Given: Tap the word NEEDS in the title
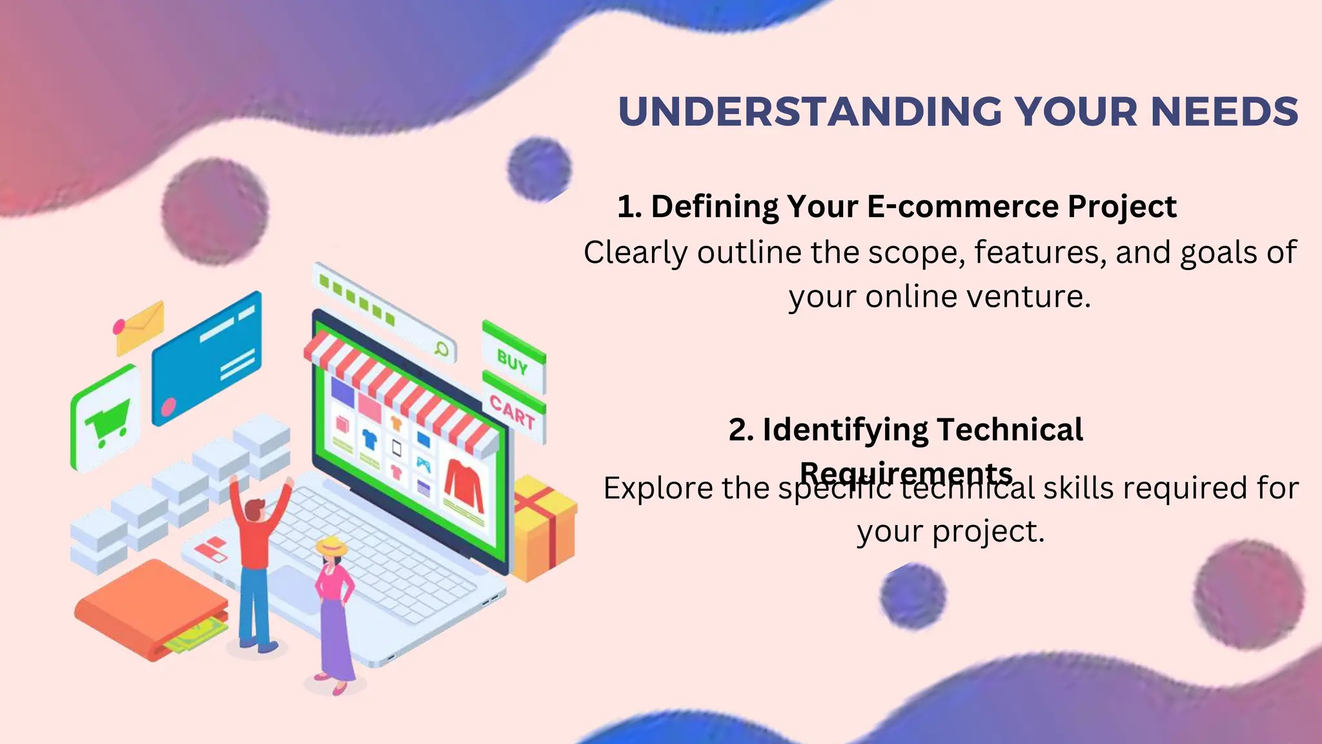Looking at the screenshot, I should [1225, 112].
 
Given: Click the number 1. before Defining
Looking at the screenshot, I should [629, 207].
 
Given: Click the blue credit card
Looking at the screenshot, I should [207, 358].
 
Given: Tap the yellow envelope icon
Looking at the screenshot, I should [141, 328].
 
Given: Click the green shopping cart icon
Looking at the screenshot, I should [107, 420].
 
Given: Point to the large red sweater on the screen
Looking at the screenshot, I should [463, 484].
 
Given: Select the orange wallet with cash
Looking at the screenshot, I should [152, 610].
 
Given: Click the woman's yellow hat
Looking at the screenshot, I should [331, 546].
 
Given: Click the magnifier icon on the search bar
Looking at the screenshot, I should [442, 349].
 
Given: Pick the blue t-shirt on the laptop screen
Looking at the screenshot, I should [369, 440].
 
